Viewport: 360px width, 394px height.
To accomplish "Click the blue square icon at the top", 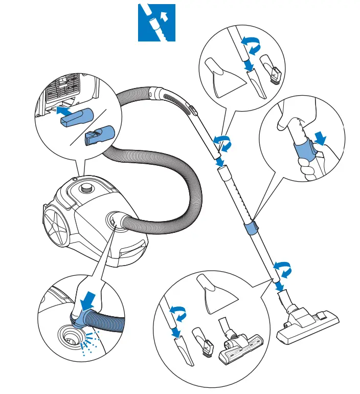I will coord(156,23).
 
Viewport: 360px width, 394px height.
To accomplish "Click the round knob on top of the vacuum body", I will coord(88,188).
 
